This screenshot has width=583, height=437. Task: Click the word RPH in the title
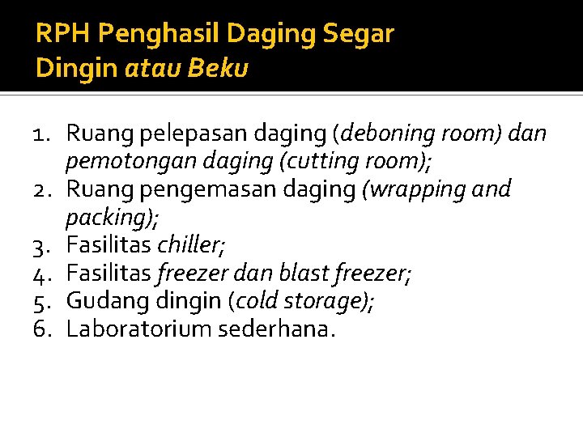pyautogui.click(x=55, y=34)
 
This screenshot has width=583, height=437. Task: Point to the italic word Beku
pyautogui.click(x=218, y=69)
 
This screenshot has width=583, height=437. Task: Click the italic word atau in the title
pyautogui.click(x=155, y=69)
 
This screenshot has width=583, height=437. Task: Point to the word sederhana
pyautogui.click(x=275, y=329)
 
